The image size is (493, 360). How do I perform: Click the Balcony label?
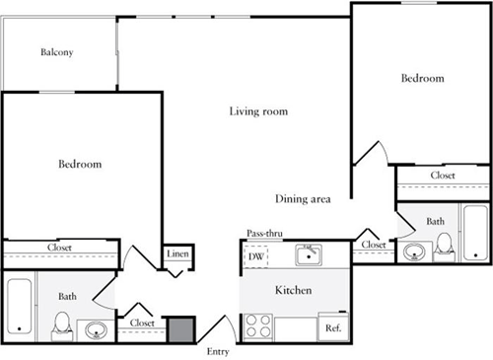pos(57,52)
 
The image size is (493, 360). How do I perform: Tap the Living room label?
pos(258,111)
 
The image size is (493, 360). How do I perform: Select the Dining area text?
pos(303,199)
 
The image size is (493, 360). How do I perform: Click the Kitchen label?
pos(293,290)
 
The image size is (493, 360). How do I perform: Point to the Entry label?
pos(218,352)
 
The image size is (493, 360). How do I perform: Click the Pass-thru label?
pos(264,234)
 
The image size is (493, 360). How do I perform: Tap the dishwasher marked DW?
pos(256,256)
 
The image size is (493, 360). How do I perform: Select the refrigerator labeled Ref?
pos(333,326)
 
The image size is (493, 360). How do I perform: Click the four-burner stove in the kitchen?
pos(258,327)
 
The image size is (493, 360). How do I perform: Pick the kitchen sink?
pos(309,254)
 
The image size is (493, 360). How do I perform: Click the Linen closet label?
pos(177,253)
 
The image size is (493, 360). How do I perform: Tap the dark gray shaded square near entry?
pos(181,329)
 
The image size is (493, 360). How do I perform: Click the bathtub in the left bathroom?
pos(20,307)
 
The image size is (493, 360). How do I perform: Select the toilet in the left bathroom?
pos(62,326)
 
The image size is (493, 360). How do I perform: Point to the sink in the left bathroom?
pos(96,329)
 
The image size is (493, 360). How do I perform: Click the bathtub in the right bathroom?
pos(475,233)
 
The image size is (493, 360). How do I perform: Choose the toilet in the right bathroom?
pos(444,248)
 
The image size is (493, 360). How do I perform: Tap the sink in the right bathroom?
pos(414,252)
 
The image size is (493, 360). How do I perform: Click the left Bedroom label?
pos(80,164)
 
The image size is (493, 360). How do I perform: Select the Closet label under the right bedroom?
pos(443,176)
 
